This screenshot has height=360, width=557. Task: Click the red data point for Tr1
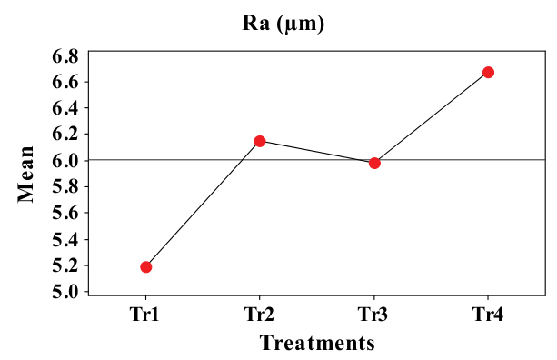[x=146, y=266]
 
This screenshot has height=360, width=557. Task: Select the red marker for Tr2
[x=260, y=141]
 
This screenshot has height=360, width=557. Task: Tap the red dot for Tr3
[x=374, y=163]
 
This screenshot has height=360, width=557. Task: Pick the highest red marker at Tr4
[x=488, y=72]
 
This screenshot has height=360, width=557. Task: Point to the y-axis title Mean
[x=27, y=174]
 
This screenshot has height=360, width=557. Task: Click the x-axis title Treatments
[x=317, y=344]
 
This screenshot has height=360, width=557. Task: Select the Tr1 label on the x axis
[x=146, y=315]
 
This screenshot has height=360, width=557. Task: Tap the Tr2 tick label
[x=260, y=315]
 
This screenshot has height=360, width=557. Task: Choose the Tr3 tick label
[x=374, y=315]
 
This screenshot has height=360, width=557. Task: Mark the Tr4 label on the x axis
[x=488, y=315]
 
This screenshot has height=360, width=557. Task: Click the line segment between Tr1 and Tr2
[x=203, y=204]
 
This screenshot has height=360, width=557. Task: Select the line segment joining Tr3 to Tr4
[x=432, y=117]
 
